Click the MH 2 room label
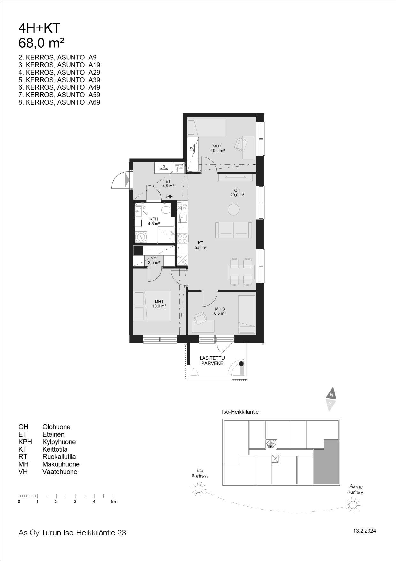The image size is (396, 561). pyautogui.click(x=217, y=148)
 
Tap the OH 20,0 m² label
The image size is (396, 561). pyautogui.click(x=237, y=192)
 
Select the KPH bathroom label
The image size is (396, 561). pyautogui.click(x=154, y=221)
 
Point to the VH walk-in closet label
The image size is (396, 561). pyautogui.click(x=154, y=260)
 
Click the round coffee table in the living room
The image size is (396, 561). pyautogui.click(x=233, y=210)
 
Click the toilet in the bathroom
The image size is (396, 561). pyautogui.click(x=166, y=210)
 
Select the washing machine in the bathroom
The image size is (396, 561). pyautogui.click(x=141, y=237)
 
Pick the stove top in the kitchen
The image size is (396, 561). pyautogui.click(x=182, y=238)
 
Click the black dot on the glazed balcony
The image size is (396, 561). pyautogui.click(x=241, y=364)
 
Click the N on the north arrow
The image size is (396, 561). pyautogui.click(x=331, y=395)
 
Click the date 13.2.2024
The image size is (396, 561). pyautogui.click(x=365, y=531)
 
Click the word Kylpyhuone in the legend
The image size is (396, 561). pyautogui.click(x=59, y=442)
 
